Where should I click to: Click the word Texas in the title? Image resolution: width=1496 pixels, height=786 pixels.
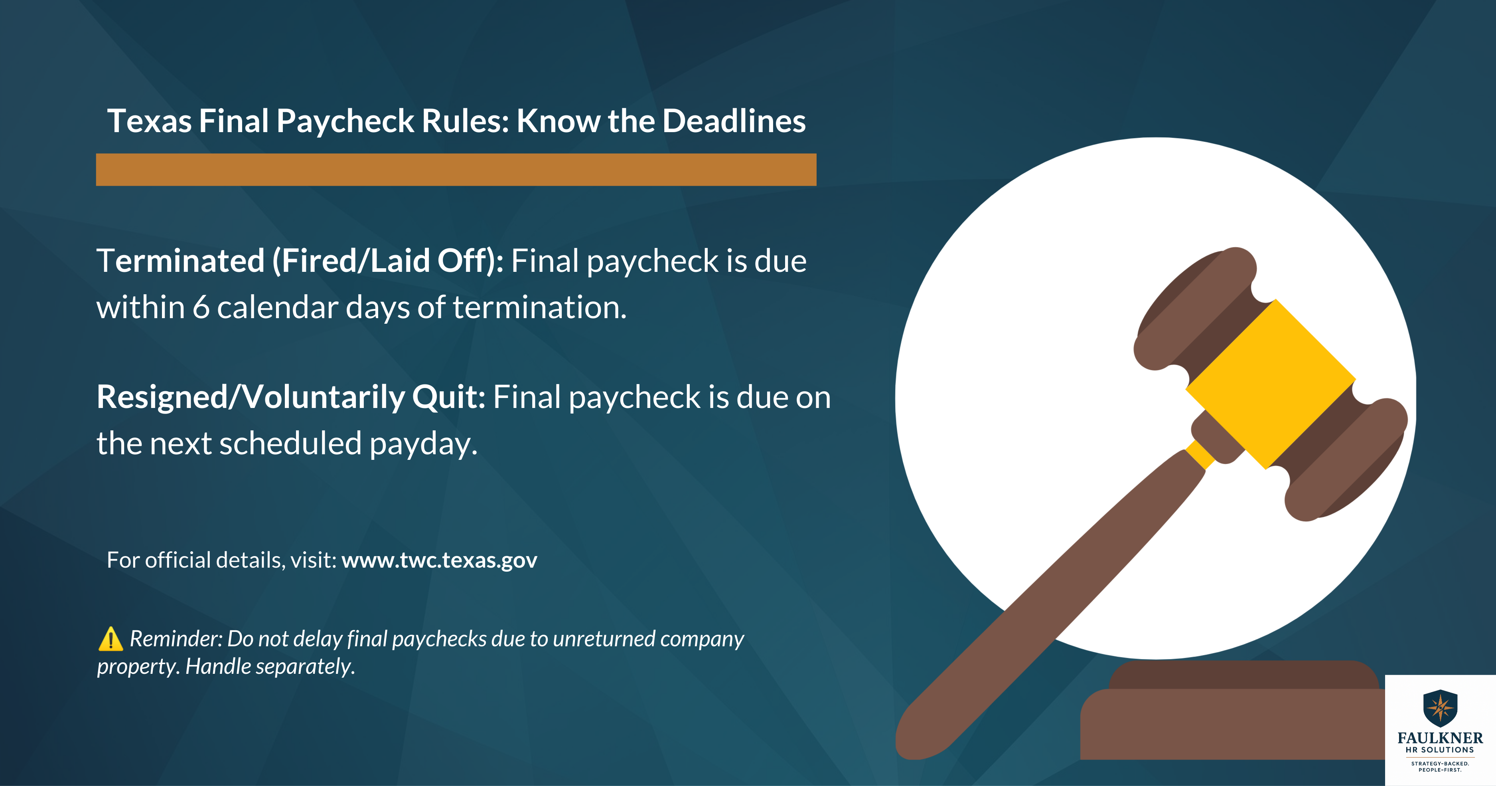pos(149,121)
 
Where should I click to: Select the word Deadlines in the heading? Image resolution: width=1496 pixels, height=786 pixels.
pos(734,121)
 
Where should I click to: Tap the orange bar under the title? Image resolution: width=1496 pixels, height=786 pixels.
pos(456,170)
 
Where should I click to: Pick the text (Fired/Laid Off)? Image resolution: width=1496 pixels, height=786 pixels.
pos(388,261)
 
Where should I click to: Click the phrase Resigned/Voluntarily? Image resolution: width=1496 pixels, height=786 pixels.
pos(250,397)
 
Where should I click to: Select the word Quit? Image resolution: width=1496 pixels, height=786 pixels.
pos(448,397)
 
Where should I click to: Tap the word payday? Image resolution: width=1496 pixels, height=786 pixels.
pos(423,444)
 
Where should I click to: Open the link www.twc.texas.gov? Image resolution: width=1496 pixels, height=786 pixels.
pos(439,560)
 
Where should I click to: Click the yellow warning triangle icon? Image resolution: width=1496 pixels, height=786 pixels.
pos(111,639)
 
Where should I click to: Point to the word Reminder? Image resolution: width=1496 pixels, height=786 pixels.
pos(176,639)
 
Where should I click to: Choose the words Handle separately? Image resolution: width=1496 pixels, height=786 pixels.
pos(269,666)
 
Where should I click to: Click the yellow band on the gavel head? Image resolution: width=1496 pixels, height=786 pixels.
pos(1271,383)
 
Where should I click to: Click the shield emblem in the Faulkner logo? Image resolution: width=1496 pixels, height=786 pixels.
pos(1440,708)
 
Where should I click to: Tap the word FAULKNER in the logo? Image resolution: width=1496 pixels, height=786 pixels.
pos(1440,738)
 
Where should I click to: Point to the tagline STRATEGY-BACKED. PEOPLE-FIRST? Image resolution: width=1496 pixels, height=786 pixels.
pos(1440,767)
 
